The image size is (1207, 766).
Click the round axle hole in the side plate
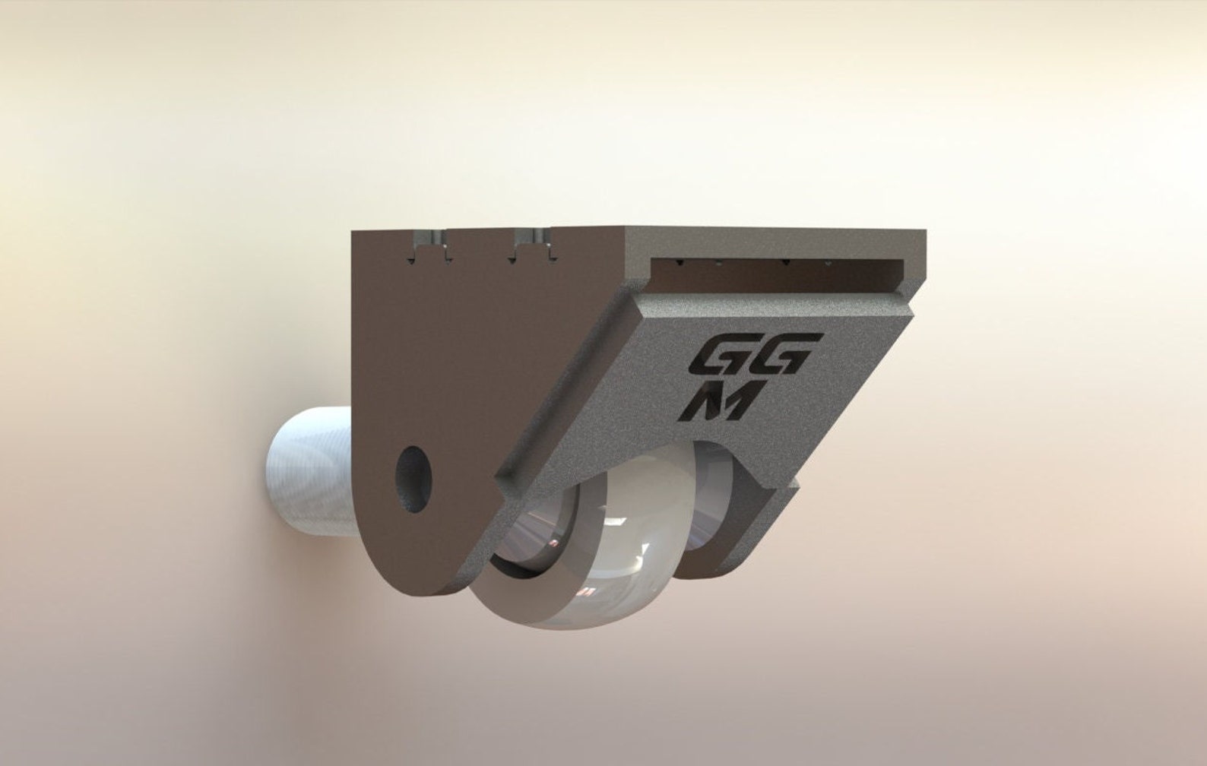(414, 479)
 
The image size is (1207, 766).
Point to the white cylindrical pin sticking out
(308, 471)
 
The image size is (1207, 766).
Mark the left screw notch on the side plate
(429, 245)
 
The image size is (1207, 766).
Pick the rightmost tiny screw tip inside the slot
(828, 264)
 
